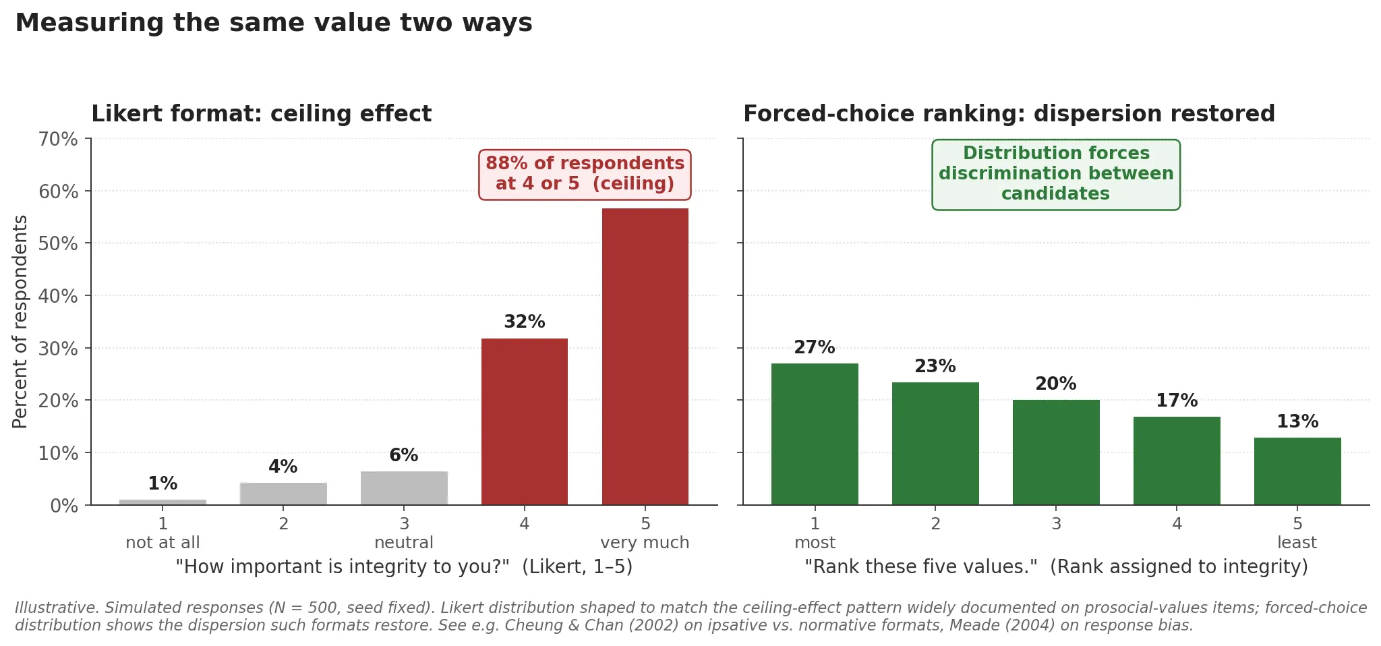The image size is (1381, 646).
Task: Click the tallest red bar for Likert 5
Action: coord(645,357)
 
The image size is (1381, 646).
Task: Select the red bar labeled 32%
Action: coord(524,421)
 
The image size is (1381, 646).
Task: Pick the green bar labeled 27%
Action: coord(815,434)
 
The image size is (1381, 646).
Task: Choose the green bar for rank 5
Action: coord(1297,471)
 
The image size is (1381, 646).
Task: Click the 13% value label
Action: coord(1297,422)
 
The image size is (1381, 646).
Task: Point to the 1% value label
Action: coord(163,484)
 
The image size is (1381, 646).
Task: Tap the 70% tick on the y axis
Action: coord(58,140)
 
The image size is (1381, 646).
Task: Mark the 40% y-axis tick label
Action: coord(58,296)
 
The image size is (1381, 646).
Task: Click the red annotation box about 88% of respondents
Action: coord(585,174)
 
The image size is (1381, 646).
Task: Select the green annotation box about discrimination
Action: coord(1055,174)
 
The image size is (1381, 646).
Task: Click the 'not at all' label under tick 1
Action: coord(163,543)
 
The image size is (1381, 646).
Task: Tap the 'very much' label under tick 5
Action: coord(645,543)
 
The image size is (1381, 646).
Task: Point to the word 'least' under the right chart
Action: coord(1296,543)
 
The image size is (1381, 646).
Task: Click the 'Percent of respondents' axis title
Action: coord(20,322)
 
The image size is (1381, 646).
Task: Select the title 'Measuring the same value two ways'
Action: coord(274,23)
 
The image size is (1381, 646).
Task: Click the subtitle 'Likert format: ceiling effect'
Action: coord(261,114)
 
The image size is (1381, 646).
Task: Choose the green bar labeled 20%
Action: coord(1055,452)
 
